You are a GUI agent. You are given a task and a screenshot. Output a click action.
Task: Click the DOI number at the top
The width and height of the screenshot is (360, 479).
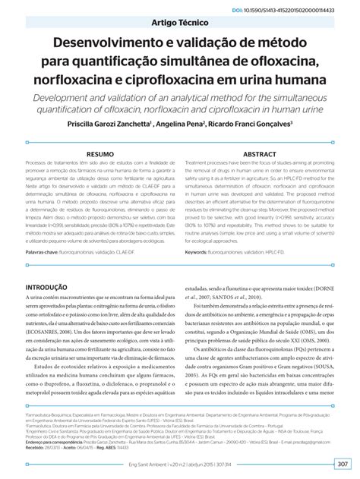(x=304, y=11)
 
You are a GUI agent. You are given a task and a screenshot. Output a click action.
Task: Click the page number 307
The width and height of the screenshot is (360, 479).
(x=342, y=464)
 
